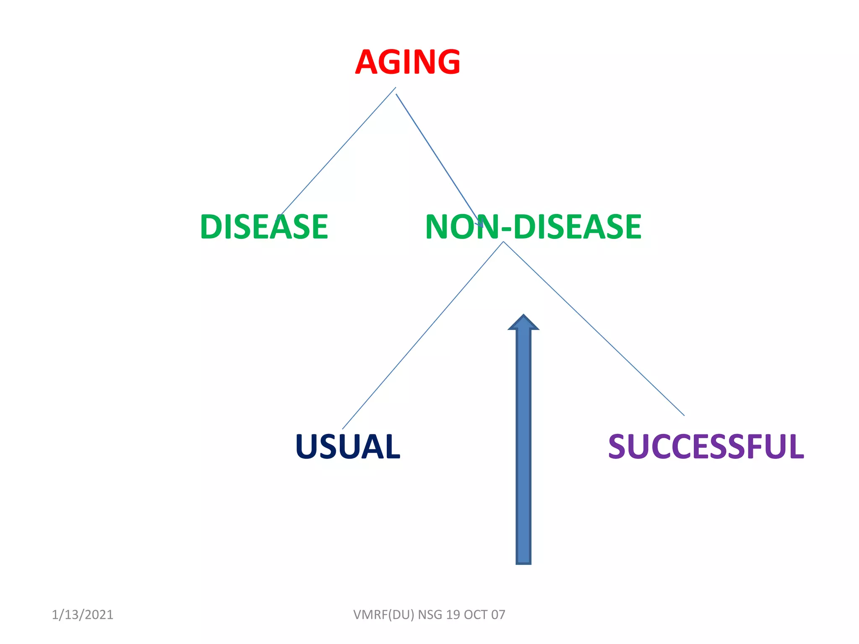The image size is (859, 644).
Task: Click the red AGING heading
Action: tap(407, 62)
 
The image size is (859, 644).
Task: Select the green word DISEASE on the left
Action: tap(264, 227)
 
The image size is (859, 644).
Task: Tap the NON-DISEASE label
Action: tap(533, 227)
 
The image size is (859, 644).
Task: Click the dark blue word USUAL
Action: tap(348, 447)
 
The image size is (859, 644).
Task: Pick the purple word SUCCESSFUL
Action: tap(706, 447)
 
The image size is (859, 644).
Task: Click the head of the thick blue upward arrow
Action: tap(523, 323)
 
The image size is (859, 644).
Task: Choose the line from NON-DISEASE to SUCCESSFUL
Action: tap(593, 328)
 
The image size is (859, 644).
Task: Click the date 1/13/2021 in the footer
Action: tap(83, 615)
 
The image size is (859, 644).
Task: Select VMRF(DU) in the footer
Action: tap(383, 615)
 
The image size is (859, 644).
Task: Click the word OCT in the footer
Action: tap(476, 615)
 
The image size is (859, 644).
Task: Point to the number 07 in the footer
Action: tap(498, 615)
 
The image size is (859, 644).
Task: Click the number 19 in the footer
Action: tap(453, 615)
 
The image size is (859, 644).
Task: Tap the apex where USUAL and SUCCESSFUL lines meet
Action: tap(503, 242)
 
